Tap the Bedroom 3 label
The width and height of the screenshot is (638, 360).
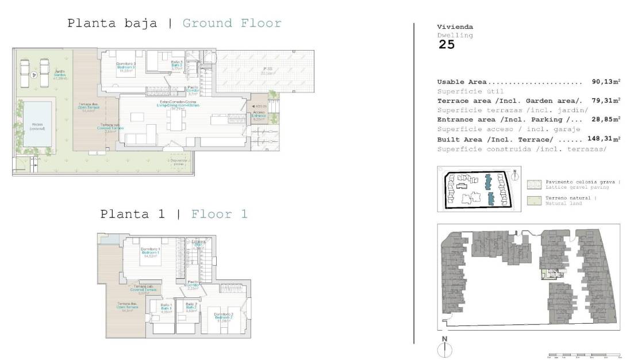pos(126,67)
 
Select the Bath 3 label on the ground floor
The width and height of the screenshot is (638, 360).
pos(177,64)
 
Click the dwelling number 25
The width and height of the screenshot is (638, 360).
pos(447,45)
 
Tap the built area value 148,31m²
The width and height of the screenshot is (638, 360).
pos(604,139)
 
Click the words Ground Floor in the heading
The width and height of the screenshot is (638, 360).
pos(232,24)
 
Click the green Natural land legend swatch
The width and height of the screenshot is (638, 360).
pos(533,200)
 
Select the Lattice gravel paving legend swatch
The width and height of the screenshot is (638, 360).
pos(533,184)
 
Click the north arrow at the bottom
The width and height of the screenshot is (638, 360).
pos(444,348)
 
